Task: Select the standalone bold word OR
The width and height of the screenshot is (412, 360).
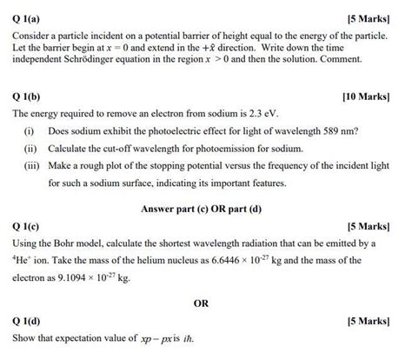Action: pyautogui.click(x=202, y=303)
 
